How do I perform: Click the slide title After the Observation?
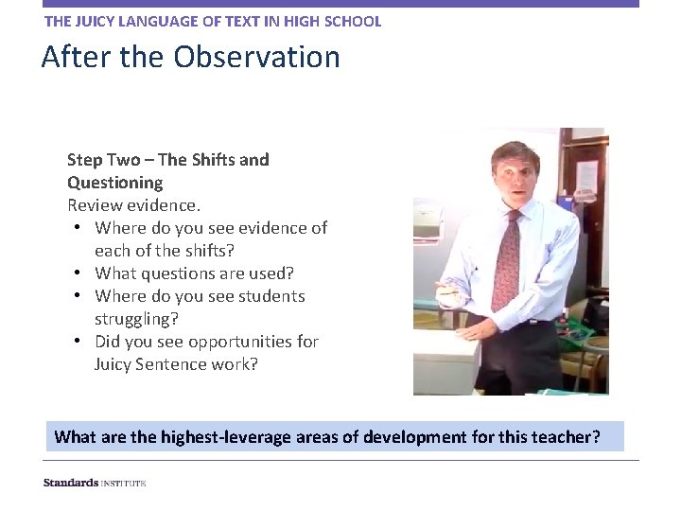(x=190, y=58)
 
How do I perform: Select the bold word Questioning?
(x=114, y=183)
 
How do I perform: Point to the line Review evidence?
(x=133, y=205)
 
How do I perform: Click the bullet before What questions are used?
(x=78, y=273)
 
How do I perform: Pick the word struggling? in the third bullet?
(x=136, y=319)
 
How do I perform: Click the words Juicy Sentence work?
(x=176, y=364)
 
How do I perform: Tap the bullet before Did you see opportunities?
(x=78, y=342)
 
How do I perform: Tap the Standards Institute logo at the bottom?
(x=95, y=483)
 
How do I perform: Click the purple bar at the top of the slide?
(x=340, y=4)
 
